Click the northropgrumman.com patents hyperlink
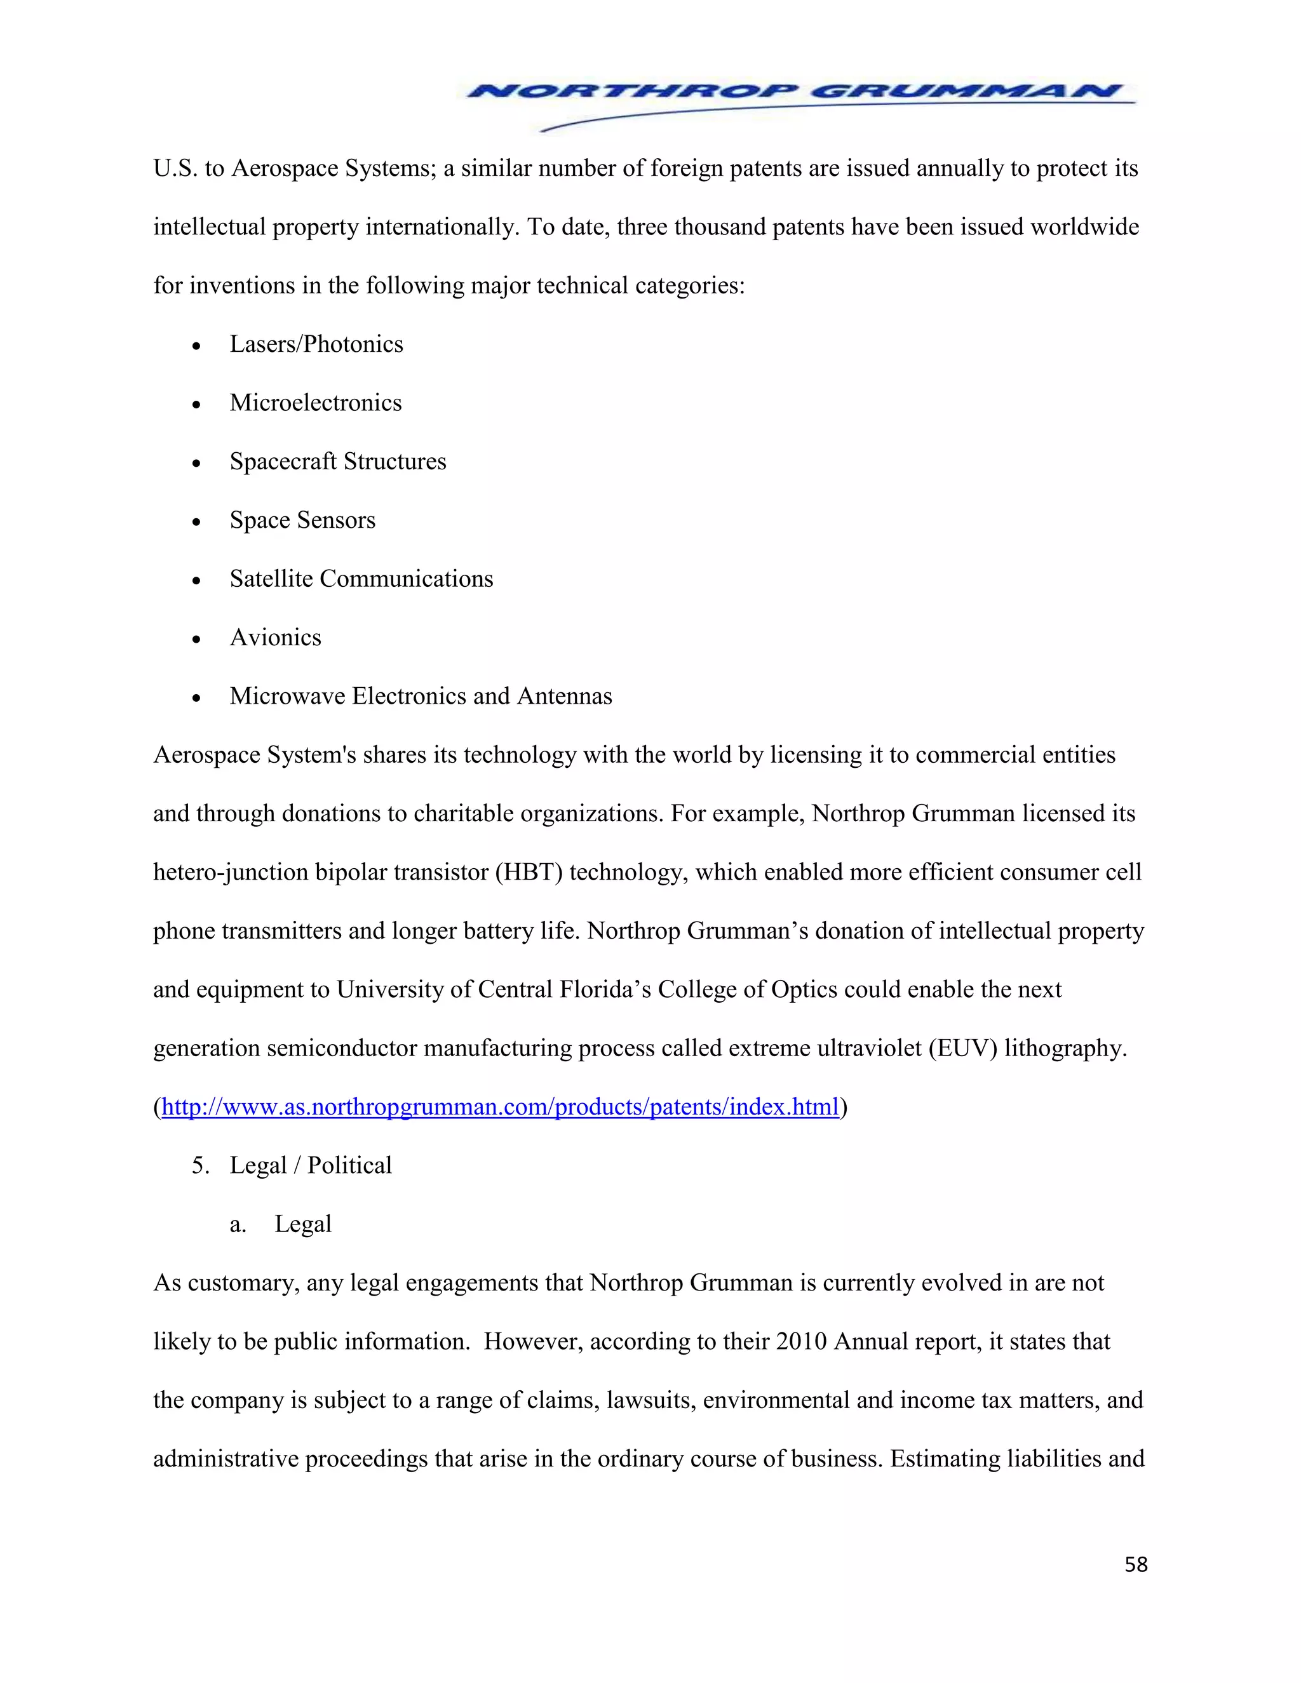(499, 1108)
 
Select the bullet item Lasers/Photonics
(316, 344)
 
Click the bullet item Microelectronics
(315, 403)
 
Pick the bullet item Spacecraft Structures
(337, 462)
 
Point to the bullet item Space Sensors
(302, 520)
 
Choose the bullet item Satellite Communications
(361, 579)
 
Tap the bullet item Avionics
(275, 637)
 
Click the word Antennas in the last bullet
(564, 696)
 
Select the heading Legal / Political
(311, 1165)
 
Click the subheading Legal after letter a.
(303, 1224)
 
